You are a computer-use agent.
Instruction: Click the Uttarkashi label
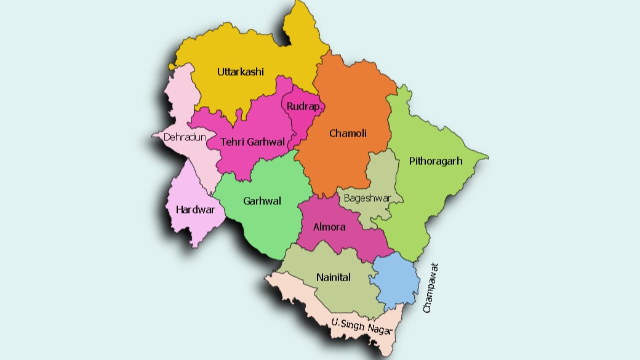pos(240,72)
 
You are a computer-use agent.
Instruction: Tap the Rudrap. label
pos(302,106)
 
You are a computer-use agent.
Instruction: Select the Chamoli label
pos(348,133)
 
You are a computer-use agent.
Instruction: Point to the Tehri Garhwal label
pos(253,142)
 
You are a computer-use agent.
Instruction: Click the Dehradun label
pos(184,137)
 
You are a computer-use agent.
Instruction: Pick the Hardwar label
pos(195,209)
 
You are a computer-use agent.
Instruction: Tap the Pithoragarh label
pos(435,161)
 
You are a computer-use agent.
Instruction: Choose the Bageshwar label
pos(367,198)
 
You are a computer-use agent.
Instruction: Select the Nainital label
pos(333,277)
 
